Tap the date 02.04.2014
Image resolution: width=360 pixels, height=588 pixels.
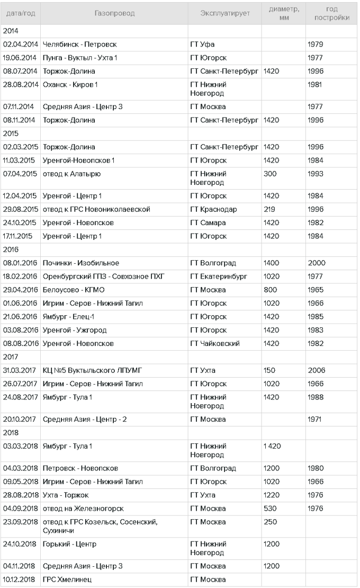tap(20, 44)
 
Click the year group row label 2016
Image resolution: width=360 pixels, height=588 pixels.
tap(11, 250)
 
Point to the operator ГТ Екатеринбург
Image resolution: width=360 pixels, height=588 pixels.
tap(218, 276)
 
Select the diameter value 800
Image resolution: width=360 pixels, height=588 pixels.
tap(270, 290)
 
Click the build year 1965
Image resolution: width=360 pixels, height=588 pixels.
tap(316, 290)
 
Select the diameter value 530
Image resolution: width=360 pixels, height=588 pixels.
tap(270, 509)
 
